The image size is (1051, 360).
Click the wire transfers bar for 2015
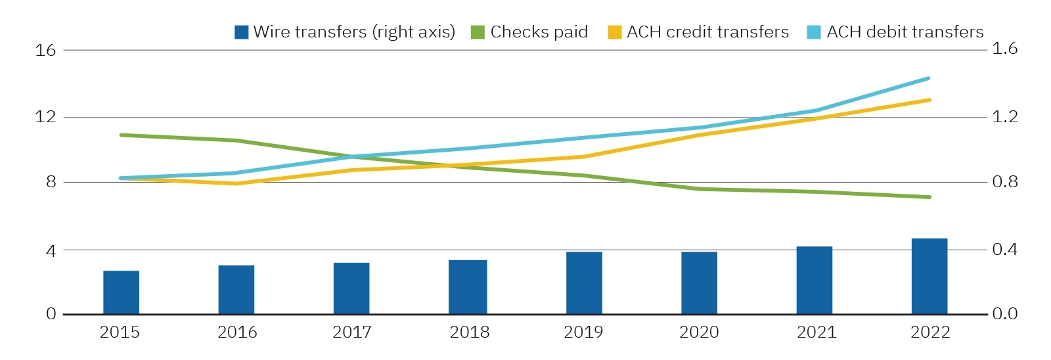121,292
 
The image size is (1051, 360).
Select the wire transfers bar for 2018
468,287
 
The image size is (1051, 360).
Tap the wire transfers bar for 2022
929,276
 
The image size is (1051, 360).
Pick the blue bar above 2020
699,283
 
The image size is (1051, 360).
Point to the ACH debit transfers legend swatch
814,32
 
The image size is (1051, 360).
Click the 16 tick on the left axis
45,50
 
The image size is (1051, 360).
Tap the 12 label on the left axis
45,117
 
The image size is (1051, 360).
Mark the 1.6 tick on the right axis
1004,49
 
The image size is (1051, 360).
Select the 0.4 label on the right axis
1004,249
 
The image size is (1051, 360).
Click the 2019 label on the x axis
583,332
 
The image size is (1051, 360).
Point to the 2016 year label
237,332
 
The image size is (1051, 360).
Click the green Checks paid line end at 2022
929,197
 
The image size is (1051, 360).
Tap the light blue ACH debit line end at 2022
928,78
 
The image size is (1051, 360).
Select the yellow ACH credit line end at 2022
929,100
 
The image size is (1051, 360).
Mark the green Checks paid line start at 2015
122,135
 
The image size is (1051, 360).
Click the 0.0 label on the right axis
1004,314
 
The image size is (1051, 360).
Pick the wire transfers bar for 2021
814,281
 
